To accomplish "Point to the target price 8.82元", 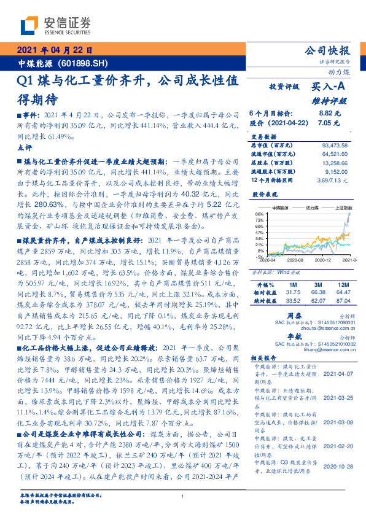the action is coord(330,114).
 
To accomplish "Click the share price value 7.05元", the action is coord(330,123).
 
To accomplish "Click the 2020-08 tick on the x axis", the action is coord(293,260).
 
